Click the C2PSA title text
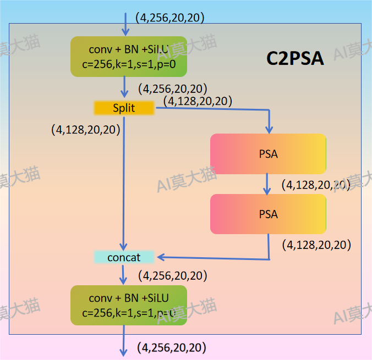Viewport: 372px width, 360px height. (295, 58)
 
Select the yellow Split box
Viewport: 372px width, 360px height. (123, 108)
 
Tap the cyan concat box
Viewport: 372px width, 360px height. (124, 257)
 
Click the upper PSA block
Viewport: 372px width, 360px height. (268, 154)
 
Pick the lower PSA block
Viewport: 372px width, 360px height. (268, 214)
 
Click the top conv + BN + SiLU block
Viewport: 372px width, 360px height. (129, 57)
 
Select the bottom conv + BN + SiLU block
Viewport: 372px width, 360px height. (129, 305)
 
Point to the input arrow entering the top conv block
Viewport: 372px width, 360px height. (125, 24)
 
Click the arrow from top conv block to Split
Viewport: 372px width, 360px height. (125, 88)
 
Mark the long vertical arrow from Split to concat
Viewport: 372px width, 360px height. (124, 181)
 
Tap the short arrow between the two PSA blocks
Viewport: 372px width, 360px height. (267, 184)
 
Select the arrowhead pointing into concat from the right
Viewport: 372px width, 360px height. (161, 257)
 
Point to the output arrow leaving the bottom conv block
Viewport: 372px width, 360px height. (123, 341)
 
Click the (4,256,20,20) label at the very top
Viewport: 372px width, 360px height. (170, 18)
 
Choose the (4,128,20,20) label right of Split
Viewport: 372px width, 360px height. (198, 101)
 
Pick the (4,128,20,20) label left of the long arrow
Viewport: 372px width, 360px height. (86, 130)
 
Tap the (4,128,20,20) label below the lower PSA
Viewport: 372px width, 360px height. (316, 245)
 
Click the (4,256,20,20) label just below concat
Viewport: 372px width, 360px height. (173, 275)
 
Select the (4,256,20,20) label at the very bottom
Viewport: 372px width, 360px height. (172, 347)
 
